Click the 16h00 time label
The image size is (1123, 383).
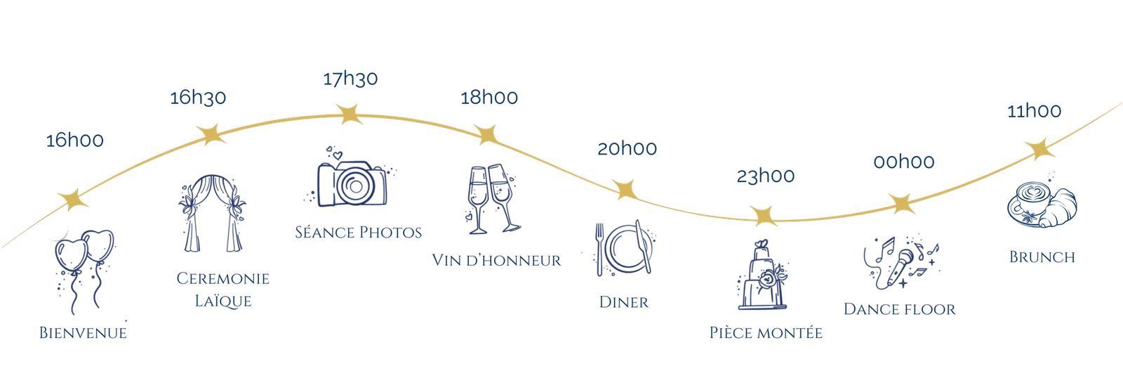click(74, 141)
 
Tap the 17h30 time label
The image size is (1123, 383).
click(350, 78)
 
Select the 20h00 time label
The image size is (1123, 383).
click(627, 148)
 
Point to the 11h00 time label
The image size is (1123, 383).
click(1034, 111)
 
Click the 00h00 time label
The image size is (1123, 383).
click(904, 162)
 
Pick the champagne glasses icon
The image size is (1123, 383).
click(491, 199)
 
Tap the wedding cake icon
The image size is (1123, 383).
click(763, 275)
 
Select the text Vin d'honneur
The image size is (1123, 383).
click(496, 261)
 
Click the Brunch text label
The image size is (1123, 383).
click(1042, 257)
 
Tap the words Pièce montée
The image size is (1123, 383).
click(765, 332)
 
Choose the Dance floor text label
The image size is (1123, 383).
click(899, 309)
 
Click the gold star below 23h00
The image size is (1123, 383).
click(762, 216)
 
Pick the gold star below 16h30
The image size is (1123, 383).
click(210, 134)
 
